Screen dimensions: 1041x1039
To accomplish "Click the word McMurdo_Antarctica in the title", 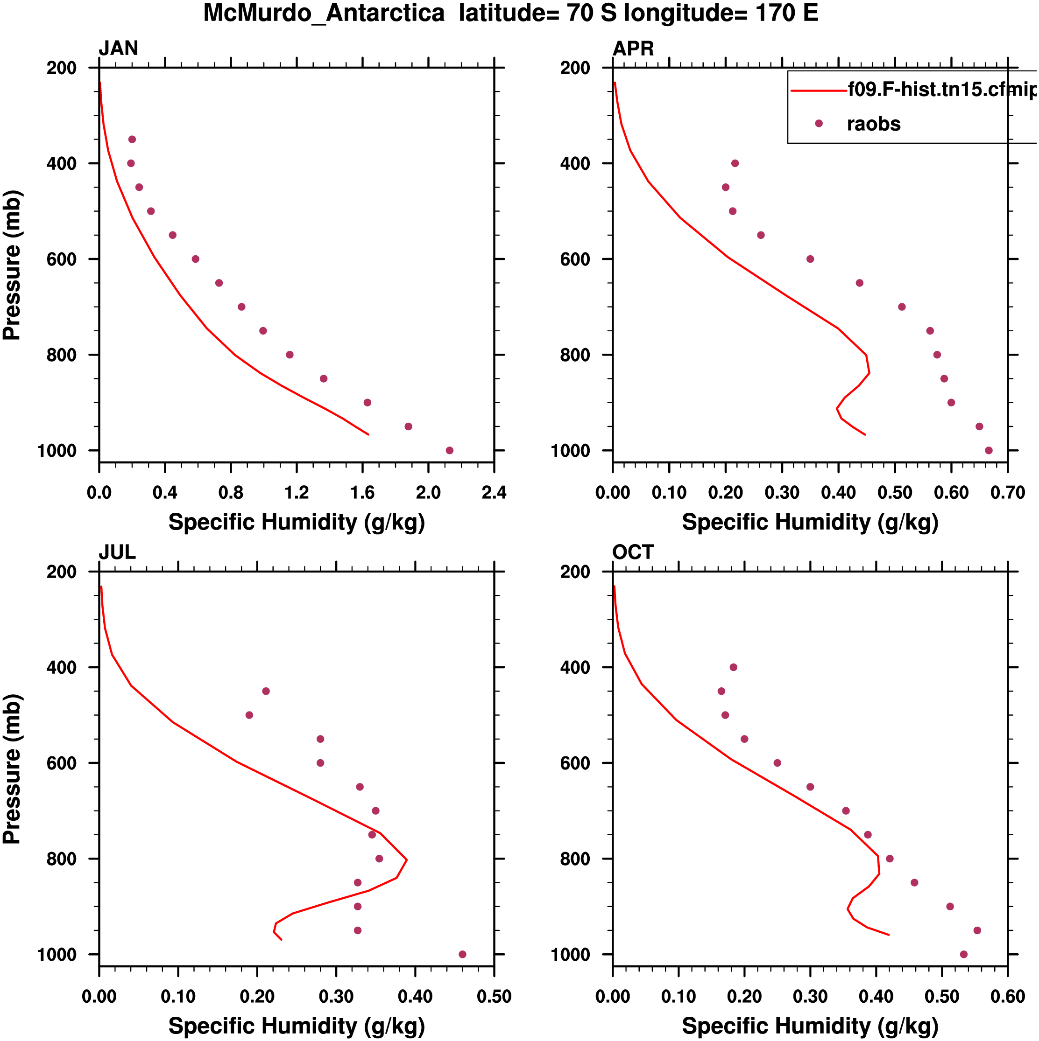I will click(324, 13).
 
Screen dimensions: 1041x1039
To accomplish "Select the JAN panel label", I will click(118, 49).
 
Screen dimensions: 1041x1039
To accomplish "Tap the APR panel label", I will click(633, 49).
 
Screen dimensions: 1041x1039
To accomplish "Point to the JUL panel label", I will click(117, 552).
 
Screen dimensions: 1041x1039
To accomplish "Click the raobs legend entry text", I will click(874, 124).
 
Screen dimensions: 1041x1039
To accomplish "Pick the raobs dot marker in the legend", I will click(819, 123).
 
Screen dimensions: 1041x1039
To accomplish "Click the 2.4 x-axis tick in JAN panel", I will click(494, 492).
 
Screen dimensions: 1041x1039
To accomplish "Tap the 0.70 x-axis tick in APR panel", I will click(1007, 492).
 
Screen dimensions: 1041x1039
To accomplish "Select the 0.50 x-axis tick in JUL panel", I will click(494, 996).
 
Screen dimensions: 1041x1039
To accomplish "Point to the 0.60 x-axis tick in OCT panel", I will click(1007, 996).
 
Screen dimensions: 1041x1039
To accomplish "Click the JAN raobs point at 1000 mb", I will click(450, 450).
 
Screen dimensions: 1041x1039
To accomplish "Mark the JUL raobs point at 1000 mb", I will click(462, 954).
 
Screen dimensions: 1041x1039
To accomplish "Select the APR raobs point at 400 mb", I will click(735, 163).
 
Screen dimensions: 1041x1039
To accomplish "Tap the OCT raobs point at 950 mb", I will click(977, 930).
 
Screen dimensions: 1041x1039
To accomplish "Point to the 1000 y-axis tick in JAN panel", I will click(57, 450).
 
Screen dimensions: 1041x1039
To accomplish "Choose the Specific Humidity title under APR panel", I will click(810, 522).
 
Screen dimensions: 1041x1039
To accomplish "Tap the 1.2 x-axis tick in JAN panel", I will click(297, 492).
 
